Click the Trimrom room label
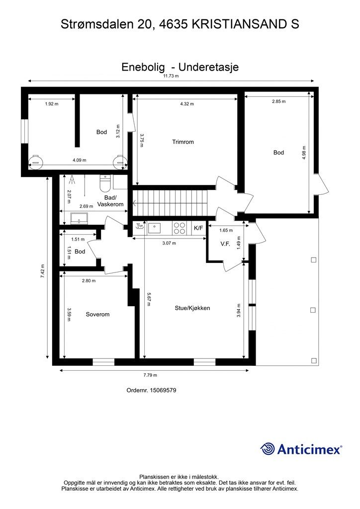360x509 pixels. (x=183, y=142)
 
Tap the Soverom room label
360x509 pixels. (x=97, y=314)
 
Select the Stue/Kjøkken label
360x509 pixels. (x=192, y=308)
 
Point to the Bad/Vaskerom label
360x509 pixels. (x=110, y=201)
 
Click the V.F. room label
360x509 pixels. (x=225, y=244)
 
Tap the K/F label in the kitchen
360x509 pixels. (x=198, y=228)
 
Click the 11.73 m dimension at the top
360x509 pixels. (x=171, y=76)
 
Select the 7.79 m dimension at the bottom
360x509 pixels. (x=150, y=375)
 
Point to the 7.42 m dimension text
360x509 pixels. (x=42, y=271)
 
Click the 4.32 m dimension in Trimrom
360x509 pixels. (x=187, y=104)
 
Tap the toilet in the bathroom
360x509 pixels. (x=105, y=183)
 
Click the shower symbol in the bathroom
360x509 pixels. (x=72, y=179)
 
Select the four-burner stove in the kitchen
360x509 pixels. (x=180, y=228)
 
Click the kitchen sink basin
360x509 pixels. (x=154, y=228)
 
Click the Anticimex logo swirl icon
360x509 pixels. (x=268, y=449)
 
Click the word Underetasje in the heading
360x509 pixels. (x=208, y=67)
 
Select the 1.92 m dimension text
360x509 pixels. (x=52, y=104)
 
